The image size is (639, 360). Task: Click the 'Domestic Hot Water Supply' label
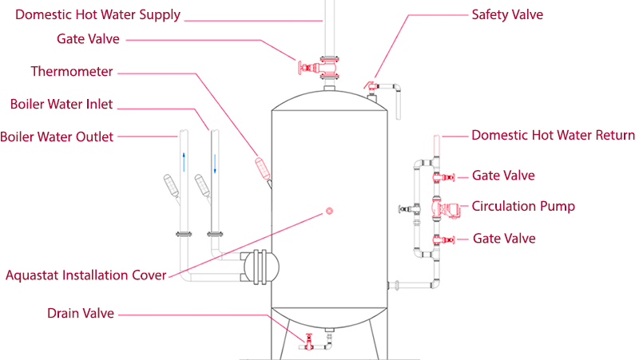pos(98,14)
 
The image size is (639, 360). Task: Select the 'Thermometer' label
pos(72,72)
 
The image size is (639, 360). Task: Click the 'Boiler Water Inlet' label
pos(62,104)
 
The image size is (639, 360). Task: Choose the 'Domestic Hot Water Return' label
pos(553,135)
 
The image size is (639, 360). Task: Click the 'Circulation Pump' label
pos(523,206)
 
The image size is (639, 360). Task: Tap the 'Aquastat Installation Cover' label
pos(85,275)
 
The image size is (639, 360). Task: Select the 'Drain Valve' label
pos(81,314)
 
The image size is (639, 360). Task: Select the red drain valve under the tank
pos(307,342)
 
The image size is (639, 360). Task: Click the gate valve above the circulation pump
pos(439,176)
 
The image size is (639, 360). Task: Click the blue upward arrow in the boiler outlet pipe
pos(183,161)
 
